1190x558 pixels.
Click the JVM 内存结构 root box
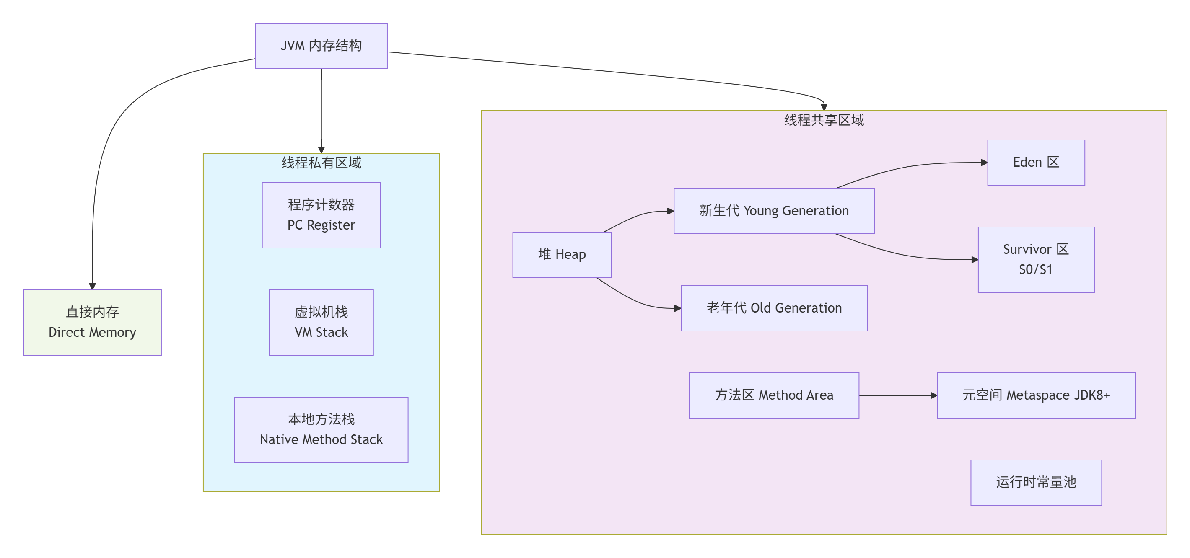(x=321, y=46)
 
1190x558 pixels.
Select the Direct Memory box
(x=92, y=322)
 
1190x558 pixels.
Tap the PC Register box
(x=321, y=215)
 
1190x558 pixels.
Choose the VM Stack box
(x=321, y=322)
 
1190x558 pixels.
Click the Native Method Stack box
(x=321, y=429)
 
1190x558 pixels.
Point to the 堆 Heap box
(x=562, y=254)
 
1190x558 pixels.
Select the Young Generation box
(x=774, y=211)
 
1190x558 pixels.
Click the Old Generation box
(x=774, y=308)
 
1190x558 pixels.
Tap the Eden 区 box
(x=1036, y=163)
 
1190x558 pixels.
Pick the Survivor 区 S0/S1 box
(x=1036, y=259)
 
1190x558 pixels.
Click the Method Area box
(x=774, y=395)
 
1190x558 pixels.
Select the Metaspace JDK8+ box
(x=1036, y=395)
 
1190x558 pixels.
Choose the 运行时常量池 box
(x=1036, y=482)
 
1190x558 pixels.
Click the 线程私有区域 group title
(x=321, y=163)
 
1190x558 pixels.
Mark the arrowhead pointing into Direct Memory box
(x=92, y=286)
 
